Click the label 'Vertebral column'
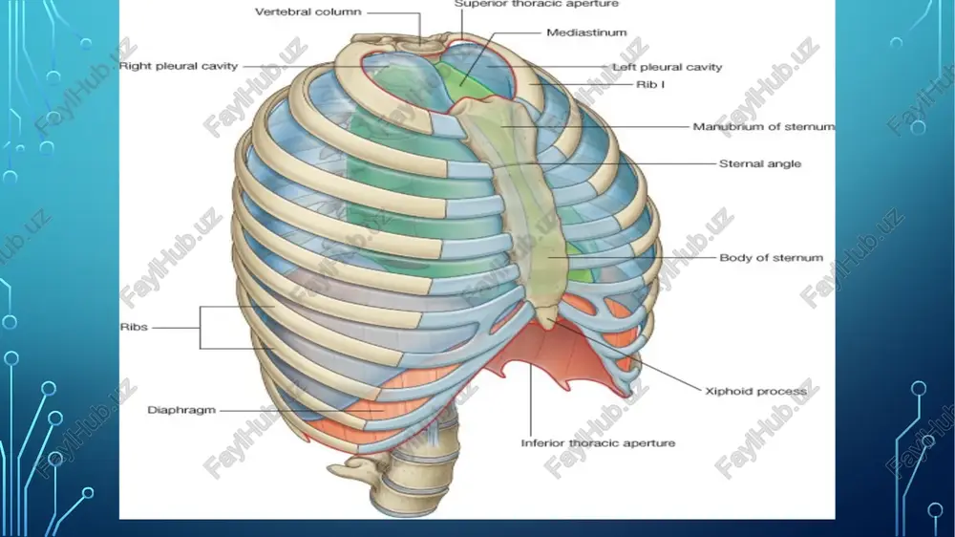308,11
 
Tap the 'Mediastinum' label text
586,32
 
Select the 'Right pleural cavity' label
178,66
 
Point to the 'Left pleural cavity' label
667,67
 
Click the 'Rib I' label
649,84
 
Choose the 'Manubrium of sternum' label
764,127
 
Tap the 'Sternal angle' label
759,163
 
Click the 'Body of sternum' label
771,258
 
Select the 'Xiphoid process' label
755,392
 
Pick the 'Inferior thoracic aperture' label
598,443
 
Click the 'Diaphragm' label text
181,410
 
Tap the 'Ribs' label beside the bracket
134,327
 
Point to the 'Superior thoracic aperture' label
536,4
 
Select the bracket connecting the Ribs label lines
201,328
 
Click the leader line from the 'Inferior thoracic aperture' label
530,399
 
